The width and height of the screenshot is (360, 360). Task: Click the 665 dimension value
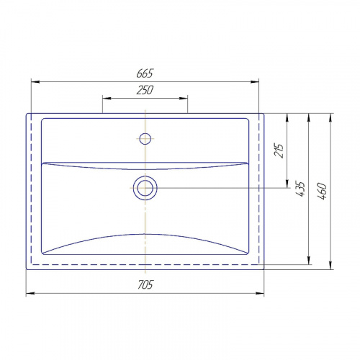click(x=145, y=73)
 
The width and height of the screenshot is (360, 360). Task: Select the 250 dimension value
click(x=145, y=90)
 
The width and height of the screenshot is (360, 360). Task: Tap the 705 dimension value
click(x=145, y=284)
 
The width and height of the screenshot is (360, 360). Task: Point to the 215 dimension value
click(x=279, y=150)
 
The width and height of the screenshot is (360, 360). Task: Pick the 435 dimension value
click(x=300, y=189)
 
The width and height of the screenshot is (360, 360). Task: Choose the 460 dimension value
click(x=322, y=192)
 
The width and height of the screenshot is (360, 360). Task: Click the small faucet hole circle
click(x=145, y=139)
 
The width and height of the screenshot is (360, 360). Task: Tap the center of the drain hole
click(x=145, y=188)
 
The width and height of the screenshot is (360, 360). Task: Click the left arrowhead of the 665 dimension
click(x=35, y=82)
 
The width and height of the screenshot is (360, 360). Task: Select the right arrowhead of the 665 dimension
click(x=255, y=82)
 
